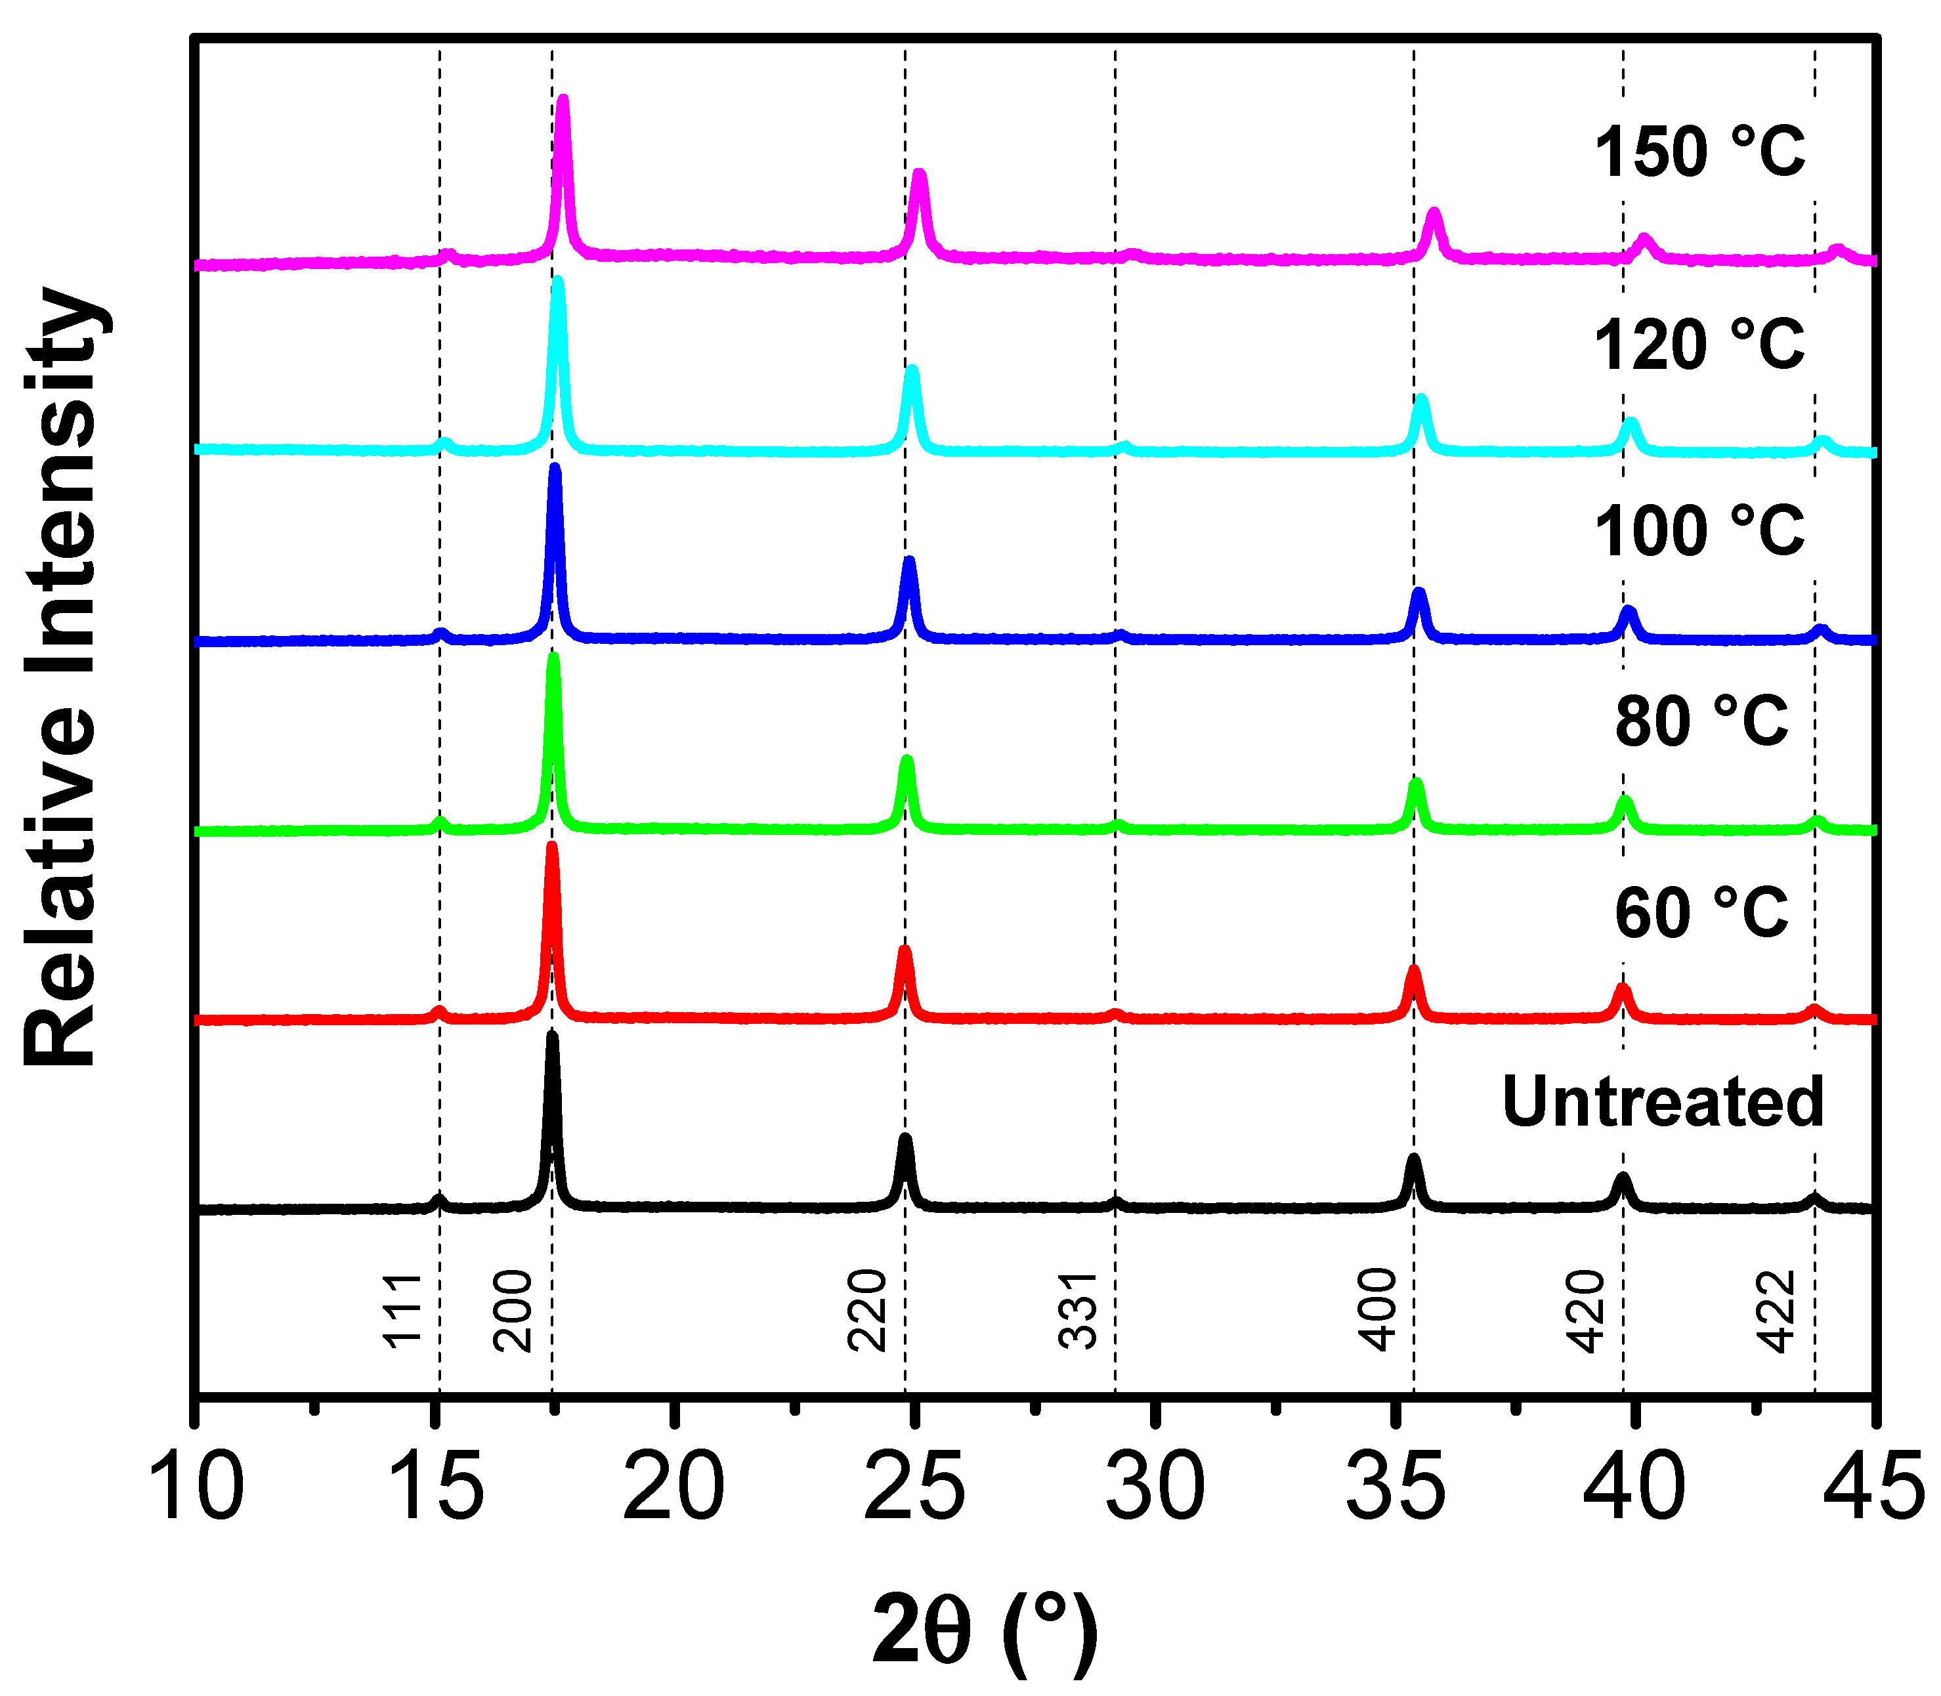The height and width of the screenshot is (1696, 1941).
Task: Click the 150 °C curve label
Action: coord(1699,152)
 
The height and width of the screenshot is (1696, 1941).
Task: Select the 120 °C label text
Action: coord(1699,345)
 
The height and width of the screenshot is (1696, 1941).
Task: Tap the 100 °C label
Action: coord(1699,531)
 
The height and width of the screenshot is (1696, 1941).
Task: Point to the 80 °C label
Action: coord(1701,722)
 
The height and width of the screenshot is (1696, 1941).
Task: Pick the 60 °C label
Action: coord(1701,913)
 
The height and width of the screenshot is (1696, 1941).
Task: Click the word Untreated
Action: coord(1663,1103)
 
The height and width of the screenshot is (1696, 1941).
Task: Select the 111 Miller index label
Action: coord(402,1311)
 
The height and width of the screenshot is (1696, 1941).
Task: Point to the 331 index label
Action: coord(1078,1311)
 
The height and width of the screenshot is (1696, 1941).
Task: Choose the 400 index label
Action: coord(1378,1311)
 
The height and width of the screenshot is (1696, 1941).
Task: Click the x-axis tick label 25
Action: coord(914,1489)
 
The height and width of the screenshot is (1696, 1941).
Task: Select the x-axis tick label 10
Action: coord(196,1489)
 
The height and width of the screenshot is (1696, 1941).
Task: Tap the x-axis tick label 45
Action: coord(1874,1489)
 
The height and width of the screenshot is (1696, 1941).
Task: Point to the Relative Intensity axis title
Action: coord(62,677)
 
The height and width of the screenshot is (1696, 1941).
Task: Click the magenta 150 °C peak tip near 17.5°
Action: coord(563,98)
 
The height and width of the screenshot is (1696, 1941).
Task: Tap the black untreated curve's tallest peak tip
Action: coord(553,1036)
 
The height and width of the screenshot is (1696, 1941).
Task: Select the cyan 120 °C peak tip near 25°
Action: coord(912,369)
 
